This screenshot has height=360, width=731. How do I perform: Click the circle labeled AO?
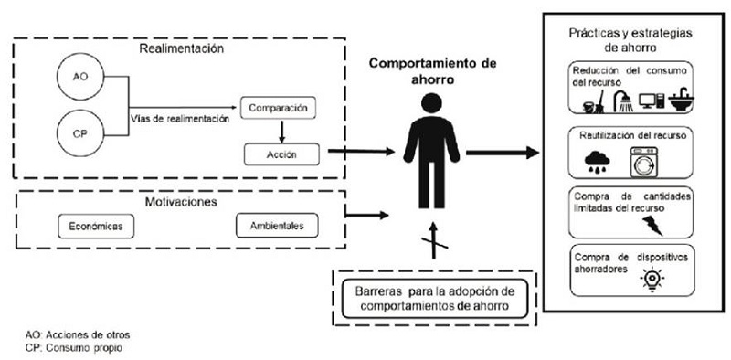[79, 79]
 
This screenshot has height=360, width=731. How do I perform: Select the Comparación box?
[282, 107]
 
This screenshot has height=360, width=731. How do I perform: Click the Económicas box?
[94, 225]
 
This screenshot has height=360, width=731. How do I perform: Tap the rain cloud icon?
[601, 161]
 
